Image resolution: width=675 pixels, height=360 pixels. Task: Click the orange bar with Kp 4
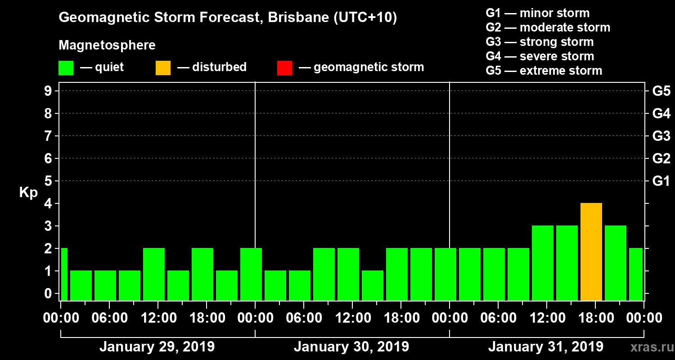(x=591, y=252)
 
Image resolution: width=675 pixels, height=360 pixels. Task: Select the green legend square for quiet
(x=66, y=67)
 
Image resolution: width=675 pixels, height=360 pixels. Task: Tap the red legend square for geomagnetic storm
(x=285, y=67)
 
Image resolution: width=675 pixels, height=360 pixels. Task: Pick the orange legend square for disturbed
(x=163, y=67)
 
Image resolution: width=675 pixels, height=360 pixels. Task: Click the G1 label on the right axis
(x=661, y=181)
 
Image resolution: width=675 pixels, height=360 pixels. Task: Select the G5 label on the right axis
(x=661, y=91)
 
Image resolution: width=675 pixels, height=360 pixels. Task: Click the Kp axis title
(x=28, y=193)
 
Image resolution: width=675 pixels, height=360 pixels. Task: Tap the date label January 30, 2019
(x=351, y=347)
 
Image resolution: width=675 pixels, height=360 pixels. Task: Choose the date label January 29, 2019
(x=157, y=347)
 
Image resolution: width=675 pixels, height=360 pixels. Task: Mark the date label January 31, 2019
(x=546, y=347)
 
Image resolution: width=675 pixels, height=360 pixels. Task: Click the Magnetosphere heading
(x=107, y=45)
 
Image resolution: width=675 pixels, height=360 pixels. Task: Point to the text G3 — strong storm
(x=540, y=42)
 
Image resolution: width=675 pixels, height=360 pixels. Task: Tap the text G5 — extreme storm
(x=544, y=71)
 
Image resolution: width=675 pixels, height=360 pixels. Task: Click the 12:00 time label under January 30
(x=352, y=318)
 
